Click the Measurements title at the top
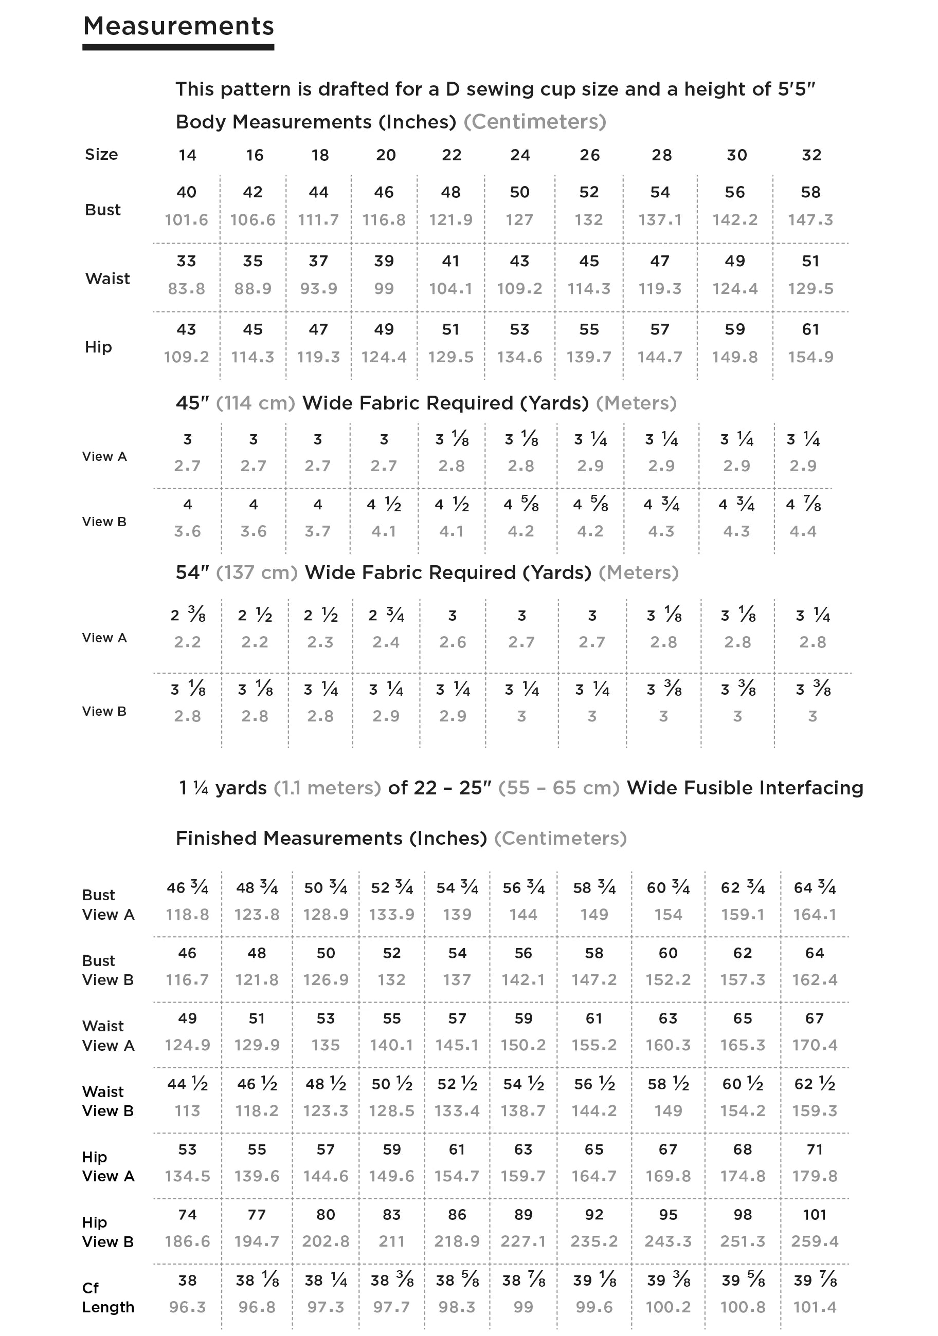click(x=178, y=26)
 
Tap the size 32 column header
click(x=811, y=155)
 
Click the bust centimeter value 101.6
click(x=186, y=220)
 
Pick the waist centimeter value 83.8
click(x=186, y=289)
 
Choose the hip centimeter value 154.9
click(x=810, y=357)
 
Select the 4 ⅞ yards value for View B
click(x=803, y=504)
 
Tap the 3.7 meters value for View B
click(x=317, y=531)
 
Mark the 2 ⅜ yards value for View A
click(x=188, y=615)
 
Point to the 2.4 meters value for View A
click(x=386, y=642)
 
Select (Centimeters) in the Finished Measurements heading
click(x=560, y=839)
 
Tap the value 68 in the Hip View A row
click(x=743, y=1149)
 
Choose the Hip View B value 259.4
click(x=814, y=1242)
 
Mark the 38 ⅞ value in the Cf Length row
click(x=523, y=1280)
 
